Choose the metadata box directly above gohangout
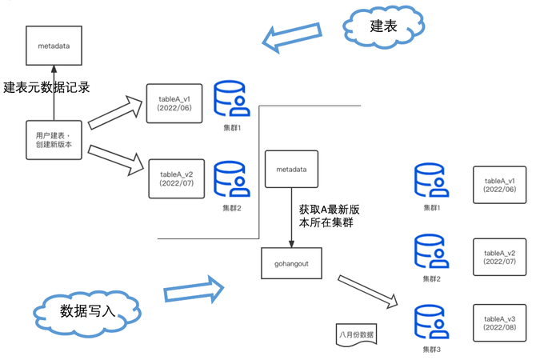[290, 170]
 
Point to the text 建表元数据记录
[46, 88]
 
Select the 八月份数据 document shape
[356, 333]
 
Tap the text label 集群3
[432, 350]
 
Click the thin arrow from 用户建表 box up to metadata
[54, 92]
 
